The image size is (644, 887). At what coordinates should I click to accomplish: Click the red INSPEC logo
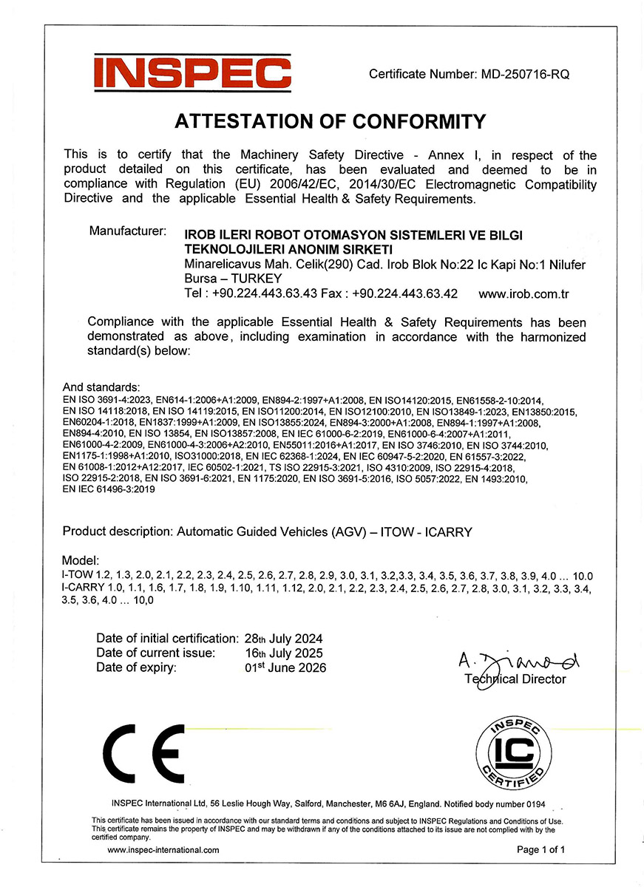tap(192, 73)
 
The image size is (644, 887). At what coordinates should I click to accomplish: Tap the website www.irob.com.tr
tap(523, 293)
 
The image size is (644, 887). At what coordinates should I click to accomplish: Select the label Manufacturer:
tap(127, 231)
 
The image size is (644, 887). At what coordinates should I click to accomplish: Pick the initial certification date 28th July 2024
tap(284, 638)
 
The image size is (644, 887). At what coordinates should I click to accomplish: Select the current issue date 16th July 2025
tap(284, 653)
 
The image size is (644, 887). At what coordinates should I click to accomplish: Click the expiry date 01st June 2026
tap(285, 667)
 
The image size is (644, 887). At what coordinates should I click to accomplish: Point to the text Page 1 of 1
tap(540, 850)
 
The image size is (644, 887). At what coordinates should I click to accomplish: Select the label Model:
tap(81, 561)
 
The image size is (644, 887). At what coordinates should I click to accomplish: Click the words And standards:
tap(101, 387)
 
